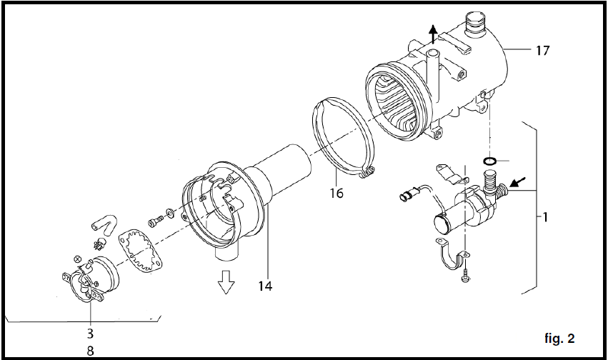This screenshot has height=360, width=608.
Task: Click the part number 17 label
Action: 543,51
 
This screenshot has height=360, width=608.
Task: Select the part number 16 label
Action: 337,193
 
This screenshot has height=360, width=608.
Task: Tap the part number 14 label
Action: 265,286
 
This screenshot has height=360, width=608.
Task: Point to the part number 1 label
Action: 546,217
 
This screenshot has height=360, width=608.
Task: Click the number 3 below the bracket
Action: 90,333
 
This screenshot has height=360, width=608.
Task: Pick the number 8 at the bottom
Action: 90,351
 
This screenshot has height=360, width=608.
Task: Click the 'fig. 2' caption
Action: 559,339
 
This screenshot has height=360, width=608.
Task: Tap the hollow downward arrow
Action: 226,281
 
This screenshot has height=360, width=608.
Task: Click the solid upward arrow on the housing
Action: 433,34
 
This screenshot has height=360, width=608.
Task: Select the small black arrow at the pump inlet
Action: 517,181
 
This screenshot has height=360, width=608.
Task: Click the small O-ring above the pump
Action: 490,161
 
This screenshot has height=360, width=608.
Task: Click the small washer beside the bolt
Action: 170,213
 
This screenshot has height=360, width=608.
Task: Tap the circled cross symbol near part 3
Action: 77,259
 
